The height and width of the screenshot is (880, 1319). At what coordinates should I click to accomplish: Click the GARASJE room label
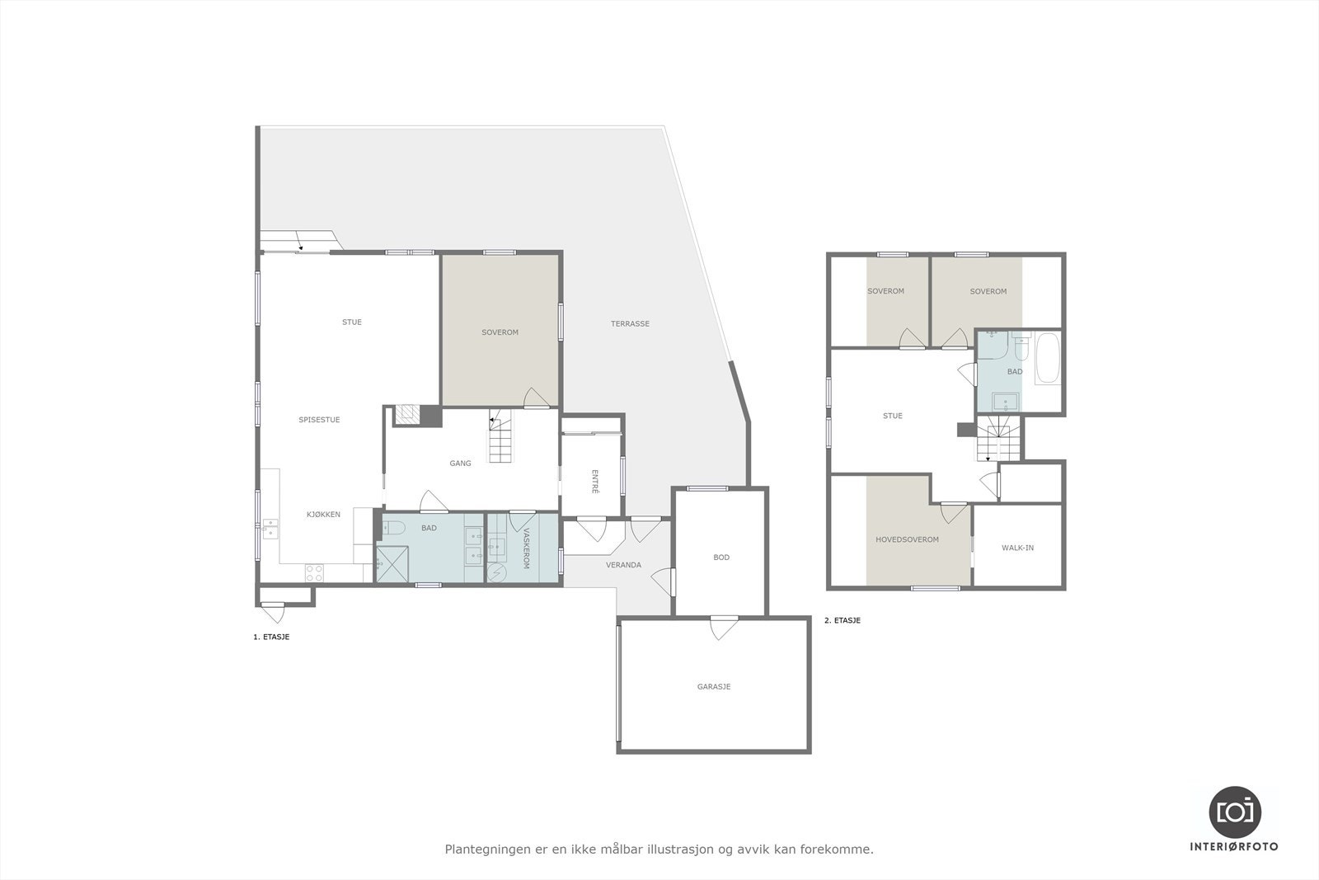coord(713,686)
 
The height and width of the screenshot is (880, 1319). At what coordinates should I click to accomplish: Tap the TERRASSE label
coord(630,324)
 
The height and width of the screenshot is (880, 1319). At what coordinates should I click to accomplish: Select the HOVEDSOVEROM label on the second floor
coord(907,540)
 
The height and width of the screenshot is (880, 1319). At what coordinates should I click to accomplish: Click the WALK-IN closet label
coord(1017,548)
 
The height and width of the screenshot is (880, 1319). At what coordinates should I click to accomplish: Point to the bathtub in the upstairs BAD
coord(1048,358)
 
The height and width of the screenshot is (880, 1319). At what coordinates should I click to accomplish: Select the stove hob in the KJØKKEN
coord(314,572)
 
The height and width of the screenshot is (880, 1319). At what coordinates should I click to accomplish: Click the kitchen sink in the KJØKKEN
coord(270,529)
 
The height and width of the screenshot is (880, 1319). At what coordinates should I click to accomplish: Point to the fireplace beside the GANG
coord(406,415)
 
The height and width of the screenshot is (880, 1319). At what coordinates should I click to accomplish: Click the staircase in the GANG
coord(502,437)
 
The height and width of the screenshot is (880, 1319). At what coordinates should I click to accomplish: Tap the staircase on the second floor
coord(998,438)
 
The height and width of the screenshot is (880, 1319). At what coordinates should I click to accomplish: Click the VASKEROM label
coord(526,548)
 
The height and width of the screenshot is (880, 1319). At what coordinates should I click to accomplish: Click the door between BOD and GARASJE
coord(723,627)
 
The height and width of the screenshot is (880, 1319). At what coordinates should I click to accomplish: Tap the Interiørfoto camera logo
coord(1234,811)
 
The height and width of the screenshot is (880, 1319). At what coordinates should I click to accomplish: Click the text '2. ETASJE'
coord(842,620)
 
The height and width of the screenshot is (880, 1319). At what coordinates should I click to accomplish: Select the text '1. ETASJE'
coord(271,637)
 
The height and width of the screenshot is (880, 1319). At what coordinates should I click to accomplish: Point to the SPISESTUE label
coord(319,420)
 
